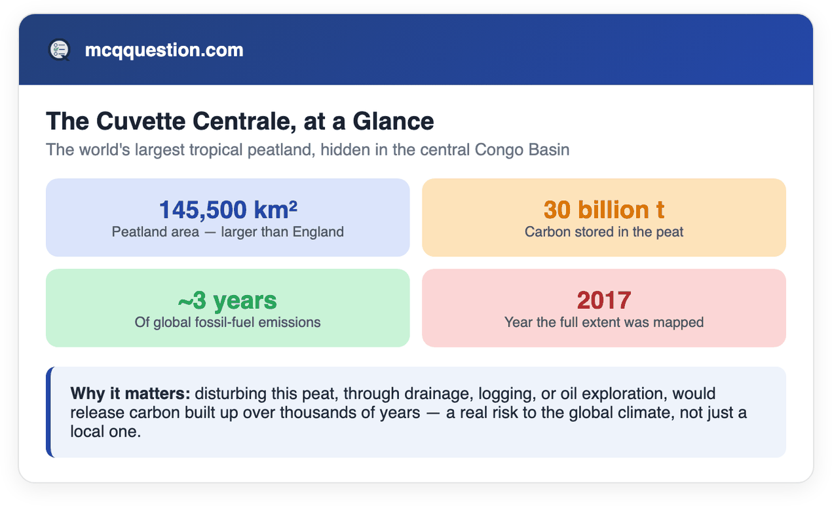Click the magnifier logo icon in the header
point(60,50)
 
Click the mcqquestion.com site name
point(164,50)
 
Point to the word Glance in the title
point(393,121)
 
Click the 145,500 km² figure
point(228,209)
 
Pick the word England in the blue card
point(318,232)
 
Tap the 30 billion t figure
point(604,209)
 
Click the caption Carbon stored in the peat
point(604,232)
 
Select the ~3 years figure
point(227,300)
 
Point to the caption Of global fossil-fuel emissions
point(227,322)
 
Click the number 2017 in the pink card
point(604,300)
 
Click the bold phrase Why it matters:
point(130,393)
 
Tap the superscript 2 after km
point(293,204)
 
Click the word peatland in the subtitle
point(281,149)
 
